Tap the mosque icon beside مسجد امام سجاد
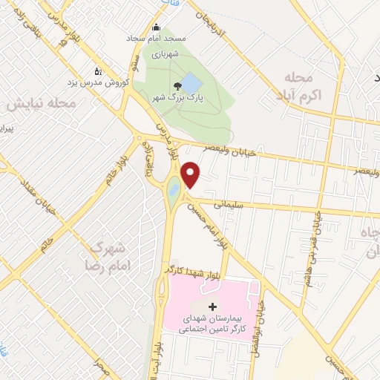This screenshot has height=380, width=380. [x=130, y=36]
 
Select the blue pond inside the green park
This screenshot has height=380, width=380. [x=189, y=81]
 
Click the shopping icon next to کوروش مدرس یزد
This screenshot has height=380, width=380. [x=98, y=73]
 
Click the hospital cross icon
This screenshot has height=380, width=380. [x=213, y=307]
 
